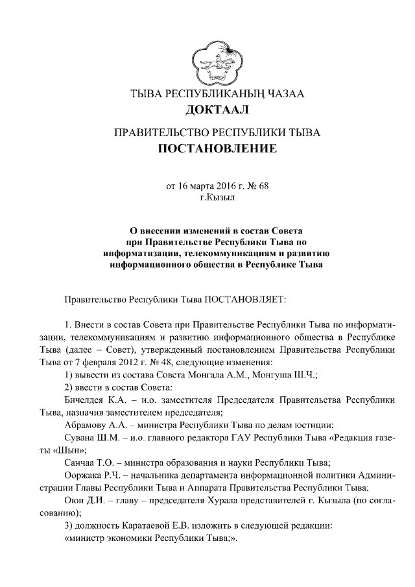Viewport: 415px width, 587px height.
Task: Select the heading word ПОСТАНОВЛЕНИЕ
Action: point(217,150)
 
